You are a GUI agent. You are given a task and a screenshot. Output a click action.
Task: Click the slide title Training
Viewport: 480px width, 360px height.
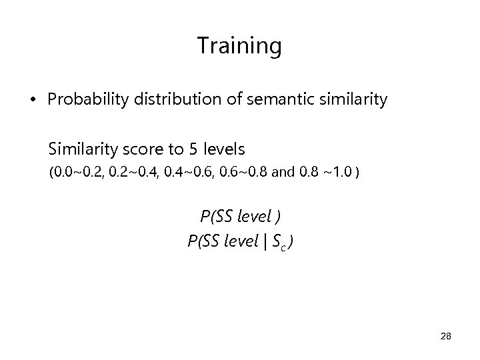click(x=239, y=46)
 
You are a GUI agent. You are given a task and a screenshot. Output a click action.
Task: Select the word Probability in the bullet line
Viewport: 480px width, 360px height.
click(x=81, y=100)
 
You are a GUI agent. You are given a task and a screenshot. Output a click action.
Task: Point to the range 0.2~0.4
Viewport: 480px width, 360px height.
click(x=131, y=173)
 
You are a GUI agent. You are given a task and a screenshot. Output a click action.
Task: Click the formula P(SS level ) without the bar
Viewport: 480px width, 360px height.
click(x=240, y=216)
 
